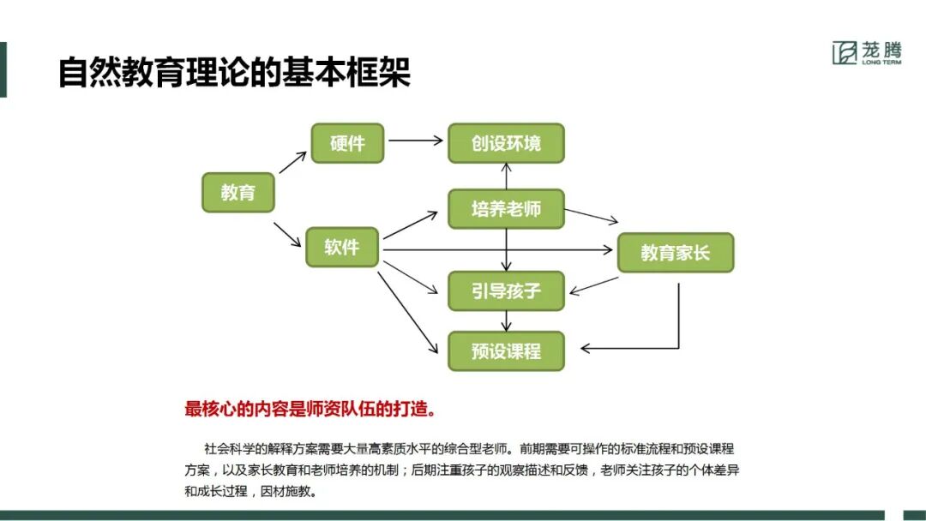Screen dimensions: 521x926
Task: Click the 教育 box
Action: click(x=238, y=193)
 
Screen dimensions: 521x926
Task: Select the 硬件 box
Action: click(x=346, y=143)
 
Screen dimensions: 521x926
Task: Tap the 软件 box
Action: click(x=341, y=248)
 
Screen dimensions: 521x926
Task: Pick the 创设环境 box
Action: click(x=506, y=143)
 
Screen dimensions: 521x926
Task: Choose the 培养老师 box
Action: click(x=506, y=209)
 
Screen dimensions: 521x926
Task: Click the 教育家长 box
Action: click(x=675, y=253)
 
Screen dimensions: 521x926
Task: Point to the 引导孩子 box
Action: click(x=506, y=290)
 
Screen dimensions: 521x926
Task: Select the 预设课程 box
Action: click(x=506, y=351)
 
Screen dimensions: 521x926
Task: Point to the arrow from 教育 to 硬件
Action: click(x=292, y=163)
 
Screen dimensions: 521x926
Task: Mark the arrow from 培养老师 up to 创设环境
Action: click(x=507, y=176)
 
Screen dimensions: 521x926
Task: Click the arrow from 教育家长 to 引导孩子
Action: click(x=594, y=285)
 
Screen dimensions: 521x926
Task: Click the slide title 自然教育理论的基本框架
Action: click(x=234, y=72)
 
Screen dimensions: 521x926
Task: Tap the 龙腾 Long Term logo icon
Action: click(x=845, y=53)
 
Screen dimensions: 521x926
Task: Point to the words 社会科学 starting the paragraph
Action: click(x=225, y=448)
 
